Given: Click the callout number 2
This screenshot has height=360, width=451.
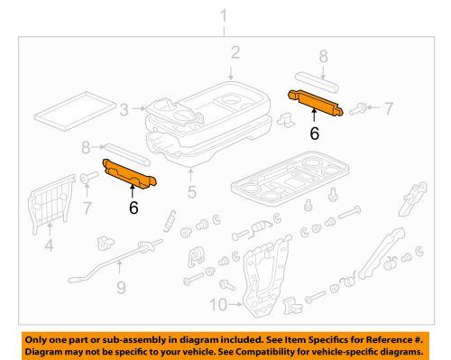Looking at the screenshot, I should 233,53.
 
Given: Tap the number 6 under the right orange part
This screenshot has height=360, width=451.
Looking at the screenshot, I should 315,132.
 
